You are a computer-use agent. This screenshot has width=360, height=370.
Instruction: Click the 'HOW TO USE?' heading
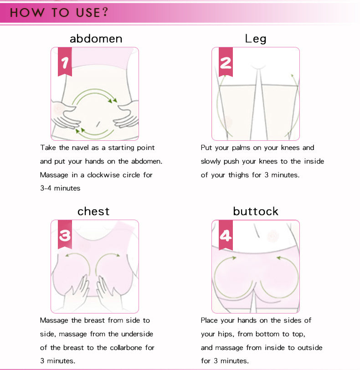pos(59,12)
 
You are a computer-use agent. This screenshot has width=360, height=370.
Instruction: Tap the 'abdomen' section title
pos(96,39)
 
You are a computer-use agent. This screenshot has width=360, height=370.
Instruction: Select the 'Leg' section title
pos(255,39)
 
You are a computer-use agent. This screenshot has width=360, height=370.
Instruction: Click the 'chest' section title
pos(93,211)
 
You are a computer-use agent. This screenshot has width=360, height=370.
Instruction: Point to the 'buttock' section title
pos(255,211)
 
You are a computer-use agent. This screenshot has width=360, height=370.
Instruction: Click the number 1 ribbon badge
pos(65,63)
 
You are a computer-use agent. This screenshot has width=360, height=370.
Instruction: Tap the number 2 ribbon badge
pos(226,63)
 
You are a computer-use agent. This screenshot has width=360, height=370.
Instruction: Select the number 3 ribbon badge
pos(65,236)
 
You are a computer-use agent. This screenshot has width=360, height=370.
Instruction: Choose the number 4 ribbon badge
pos(226,236)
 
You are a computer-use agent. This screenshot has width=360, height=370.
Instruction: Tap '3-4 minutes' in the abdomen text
pos(60,188)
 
